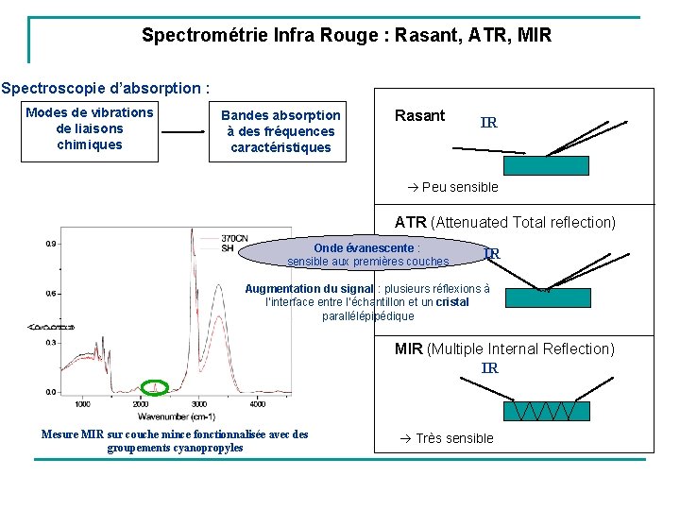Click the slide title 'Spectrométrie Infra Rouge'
coord(346,36)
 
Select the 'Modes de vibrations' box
coord(90,128)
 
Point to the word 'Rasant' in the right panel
coord(419,116)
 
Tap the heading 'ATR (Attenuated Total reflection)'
coord(504,223)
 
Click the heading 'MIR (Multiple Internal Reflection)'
coord(504,349)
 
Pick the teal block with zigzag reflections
coord(546,411)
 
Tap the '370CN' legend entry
coord(234,238)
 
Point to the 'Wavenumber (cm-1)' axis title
coord(176,416)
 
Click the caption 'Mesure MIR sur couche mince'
coord(175,440)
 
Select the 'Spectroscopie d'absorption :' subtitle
coord(104,89)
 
